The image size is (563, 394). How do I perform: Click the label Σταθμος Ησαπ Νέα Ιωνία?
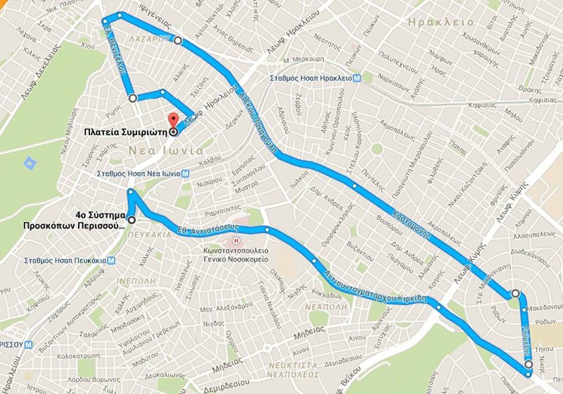[x=141, y=173]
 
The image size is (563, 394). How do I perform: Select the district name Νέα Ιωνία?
[x=166, y=151]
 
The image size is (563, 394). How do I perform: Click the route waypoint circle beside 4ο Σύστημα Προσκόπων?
[x=132, y=219]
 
